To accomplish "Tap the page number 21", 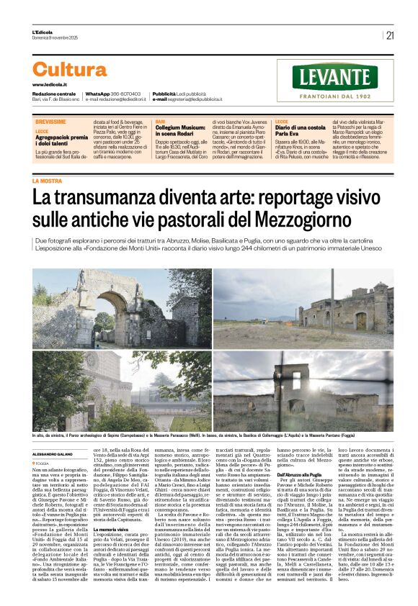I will click(x=390, y=35).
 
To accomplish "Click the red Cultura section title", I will click(x=70, y=70).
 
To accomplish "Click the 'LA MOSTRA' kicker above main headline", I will click(x=47, y=181).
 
